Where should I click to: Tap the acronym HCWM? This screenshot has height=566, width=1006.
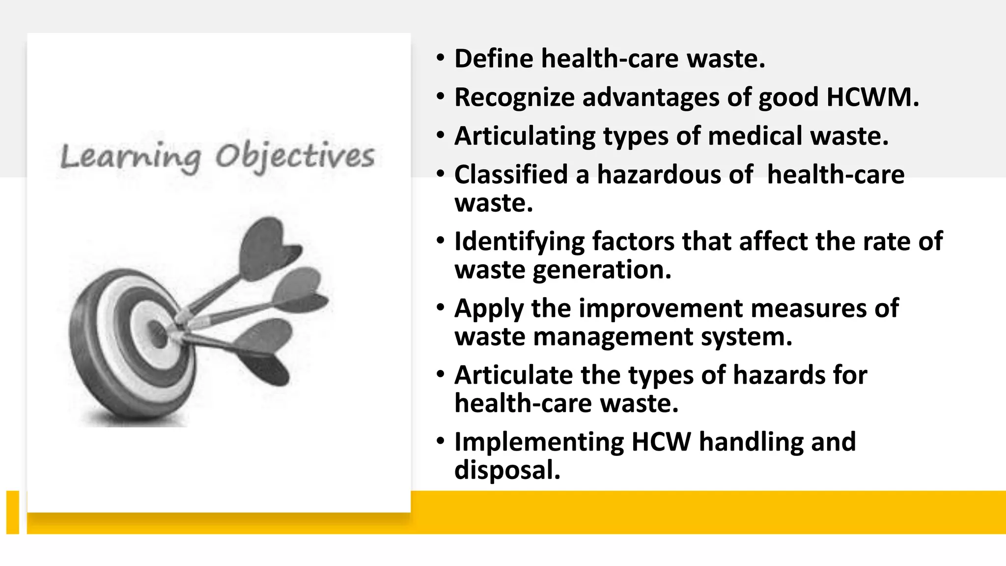(872, 97)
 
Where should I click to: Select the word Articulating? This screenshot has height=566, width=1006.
(525, 136)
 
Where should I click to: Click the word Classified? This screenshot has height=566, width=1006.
(511, 174)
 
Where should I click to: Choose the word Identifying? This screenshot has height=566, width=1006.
(519, 242)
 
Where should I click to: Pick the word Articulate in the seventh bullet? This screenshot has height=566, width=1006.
(513, 375)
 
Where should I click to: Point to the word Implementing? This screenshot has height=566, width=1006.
(539, 442)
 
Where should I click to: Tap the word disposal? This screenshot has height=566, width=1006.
(507, 470)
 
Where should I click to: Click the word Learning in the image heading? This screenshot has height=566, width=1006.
(131, 158)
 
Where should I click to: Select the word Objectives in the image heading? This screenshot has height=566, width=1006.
(295, 157)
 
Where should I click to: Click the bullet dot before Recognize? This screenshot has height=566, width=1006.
(440, 97)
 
